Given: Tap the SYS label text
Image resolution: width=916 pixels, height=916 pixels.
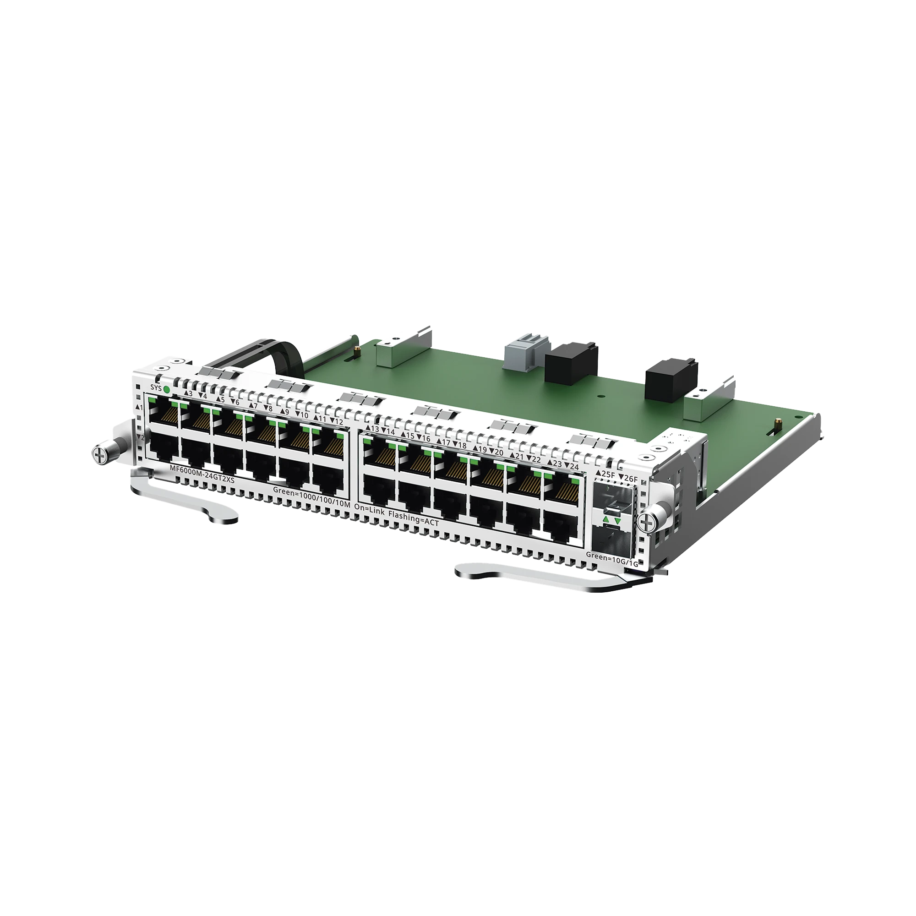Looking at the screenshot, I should point(155,387).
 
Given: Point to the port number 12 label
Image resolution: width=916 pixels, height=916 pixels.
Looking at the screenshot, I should point(338,421).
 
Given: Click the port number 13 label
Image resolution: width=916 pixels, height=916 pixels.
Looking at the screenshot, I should point(375,429).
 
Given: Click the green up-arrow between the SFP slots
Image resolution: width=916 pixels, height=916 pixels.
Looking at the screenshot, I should point(605,521).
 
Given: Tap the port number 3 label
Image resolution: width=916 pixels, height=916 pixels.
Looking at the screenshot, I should point(190,393).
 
